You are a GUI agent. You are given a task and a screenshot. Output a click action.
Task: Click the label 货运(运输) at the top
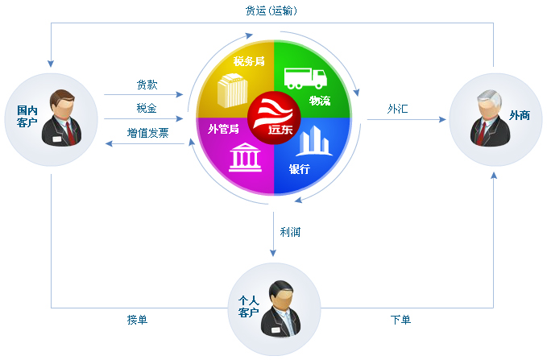click(273, 11)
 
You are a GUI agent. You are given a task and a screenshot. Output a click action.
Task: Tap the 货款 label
click(147, 85)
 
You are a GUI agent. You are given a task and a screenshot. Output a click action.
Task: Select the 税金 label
click(147, 108)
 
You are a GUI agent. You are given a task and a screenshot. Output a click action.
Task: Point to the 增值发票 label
click(147, 133)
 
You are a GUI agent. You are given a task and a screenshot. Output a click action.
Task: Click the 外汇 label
click(397, 108)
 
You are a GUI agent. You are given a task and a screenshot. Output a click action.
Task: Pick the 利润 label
click(290, 232)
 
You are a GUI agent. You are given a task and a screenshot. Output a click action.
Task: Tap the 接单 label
click(137, 320)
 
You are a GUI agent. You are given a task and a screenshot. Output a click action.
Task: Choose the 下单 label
click(400, 320)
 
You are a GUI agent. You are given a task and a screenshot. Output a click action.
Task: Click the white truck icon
click(305, 77)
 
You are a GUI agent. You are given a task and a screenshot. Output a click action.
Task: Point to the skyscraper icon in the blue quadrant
click(313, 141)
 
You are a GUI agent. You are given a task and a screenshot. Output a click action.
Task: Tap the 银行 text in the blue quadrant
click(300, 170)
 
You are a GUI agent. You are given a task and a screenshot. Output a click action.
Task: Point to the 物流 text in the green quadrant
click(320, 100)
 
